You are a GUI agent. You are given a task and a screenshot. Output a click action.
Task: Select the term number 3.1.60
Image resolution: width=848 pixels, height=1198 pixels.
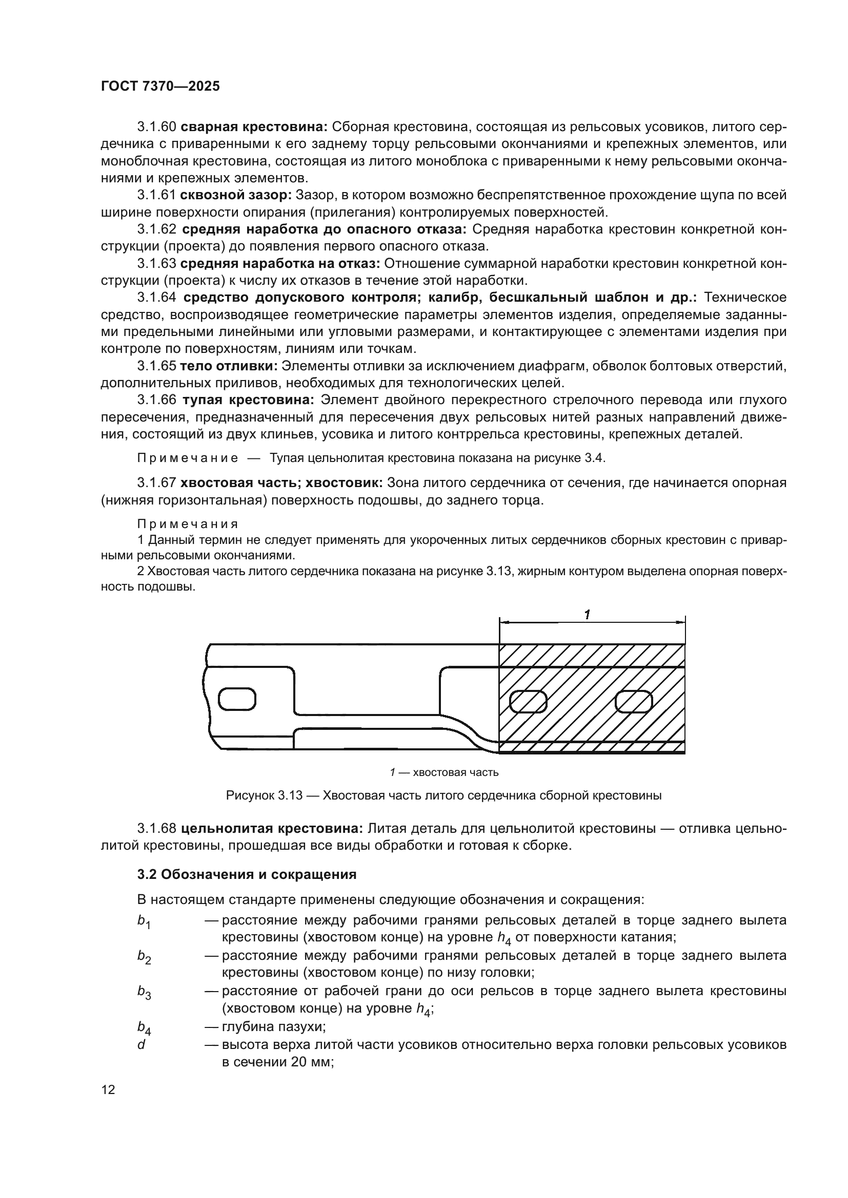click(157, 127)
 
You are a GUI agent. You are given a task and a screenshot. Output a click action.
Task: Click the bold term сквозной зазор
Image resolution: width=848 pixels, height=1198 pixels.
click(236, 195)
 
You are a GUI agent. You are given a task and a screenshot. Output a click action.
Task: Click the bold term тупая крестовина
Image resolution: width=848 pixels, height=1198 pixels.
click(248, 400)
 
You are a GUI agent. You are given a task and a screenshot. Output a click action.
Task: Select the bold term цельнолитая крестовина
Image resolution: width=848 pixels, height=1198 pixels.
click(272, 828)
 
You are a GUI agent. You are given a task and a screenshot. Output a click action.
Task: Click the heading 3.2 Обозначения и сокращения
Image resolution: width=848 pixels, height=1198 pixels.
click(247, 874)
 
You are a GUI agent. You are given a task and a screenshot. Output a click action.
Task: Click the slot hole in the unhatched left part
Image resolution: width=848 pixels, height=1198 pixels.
click(237, 699)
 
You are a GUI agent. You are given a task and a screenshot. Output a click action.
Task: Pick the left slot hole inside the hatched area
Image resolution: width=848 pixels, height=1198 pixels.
click(528, 701)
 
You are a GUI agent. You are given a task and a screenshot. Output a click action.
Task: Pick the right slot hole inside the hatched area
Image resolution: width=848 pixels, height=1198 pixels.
click(634, 701)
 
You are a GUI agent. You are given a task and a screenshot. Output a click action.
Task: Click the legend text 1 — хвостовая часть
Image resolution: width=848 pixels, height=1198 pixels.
click(444, 772)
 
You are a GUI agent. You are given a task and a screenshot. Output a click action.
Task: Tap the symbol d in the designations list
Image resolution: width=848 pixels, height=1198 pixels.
click(141, 1044)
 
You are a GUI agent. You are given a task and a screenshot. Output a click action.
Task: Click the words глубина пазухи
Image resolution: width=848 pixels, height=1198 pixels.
click(274, 1027)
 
